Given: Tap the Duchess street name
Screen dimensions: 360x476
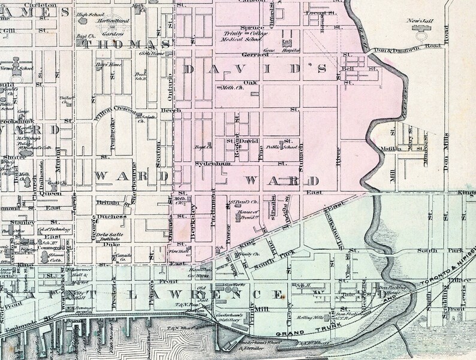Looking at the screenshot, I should (112, 217).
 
